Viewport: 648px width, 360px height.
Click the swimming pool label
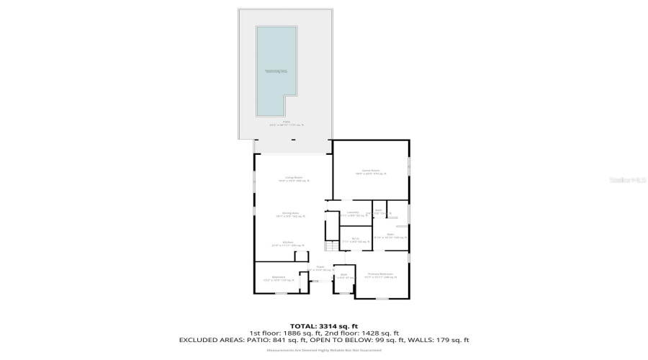(x=276, y=71)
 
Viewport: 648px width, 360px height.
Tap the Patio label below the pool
(x=287, y=124)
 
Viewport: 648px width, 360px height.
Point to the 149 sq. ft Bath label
(x=390, y=235)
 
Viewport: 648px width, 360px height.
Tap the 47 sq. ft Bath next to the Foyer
(x=344, y=276)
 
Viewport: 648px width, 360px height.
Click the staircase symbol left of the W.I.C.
(x=331, y=246)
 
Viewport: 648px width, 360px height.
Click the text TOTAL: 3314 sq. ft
(x=323, y=326)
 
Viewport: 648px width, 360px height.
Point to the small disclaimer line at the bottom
(x=323, y=350)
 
